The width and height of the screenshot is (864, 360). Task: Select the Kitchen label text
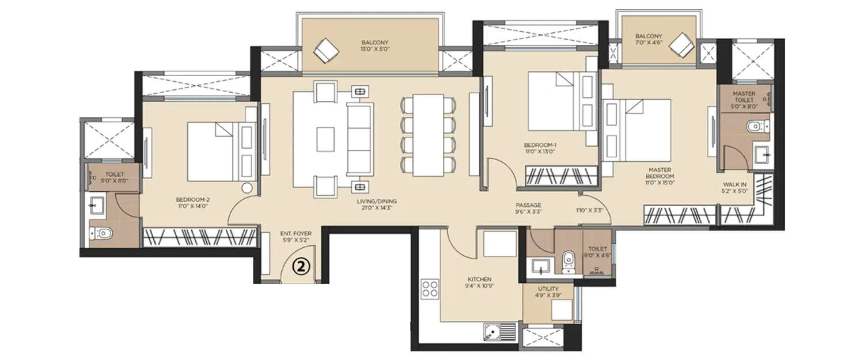point(479,282)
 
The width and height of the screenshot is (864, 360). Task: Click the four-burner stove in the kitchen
point(430,288)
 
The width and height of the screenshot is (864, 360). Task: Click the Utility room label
point(548,291)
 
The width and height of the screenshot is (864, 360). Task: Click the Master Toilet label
point(744,100)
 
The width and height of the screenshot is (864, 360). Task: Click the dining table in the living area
point(427,135)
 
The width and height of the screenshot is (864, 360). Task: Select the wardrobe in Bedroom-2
point(199,237)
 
